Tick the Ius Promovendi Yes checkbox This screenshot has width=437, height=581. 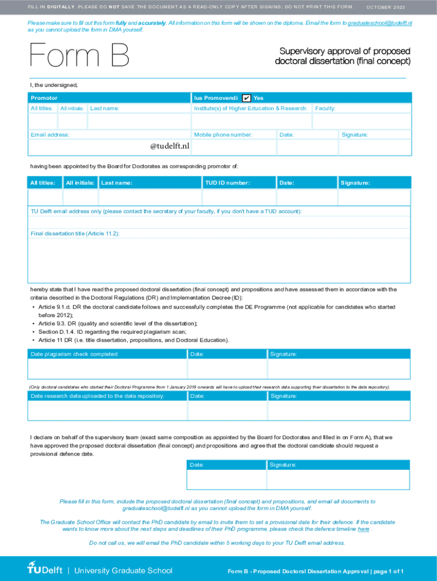246,98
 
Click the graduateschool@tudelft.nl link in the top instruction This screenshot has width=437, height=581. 380,23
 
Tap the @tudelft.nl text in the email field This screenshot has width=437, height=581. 170,147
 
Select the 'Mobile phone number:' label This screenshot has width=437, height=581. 223,135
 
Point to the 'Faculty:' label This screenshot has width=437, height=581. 325,108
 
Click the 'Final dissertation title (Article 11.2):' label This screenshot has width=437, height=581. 75,234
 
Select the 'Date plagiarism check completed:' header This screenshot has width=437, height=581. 74,354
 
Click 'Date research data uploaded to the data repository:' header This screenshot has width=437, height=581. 98,396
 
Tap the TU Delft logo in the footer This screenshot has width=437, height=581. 45,570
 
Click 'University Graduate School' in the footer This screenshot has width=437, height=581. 123,570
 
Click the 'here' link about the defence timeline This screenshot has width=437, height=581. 363,529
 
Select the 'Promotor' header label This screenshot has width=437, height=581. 44,98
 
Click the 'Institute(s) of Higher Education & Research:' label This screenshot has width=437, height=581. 250,108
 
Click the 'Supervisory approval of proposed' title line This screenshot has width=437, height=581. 343,51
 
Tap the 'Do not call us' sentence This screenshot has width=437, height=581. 217,543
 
